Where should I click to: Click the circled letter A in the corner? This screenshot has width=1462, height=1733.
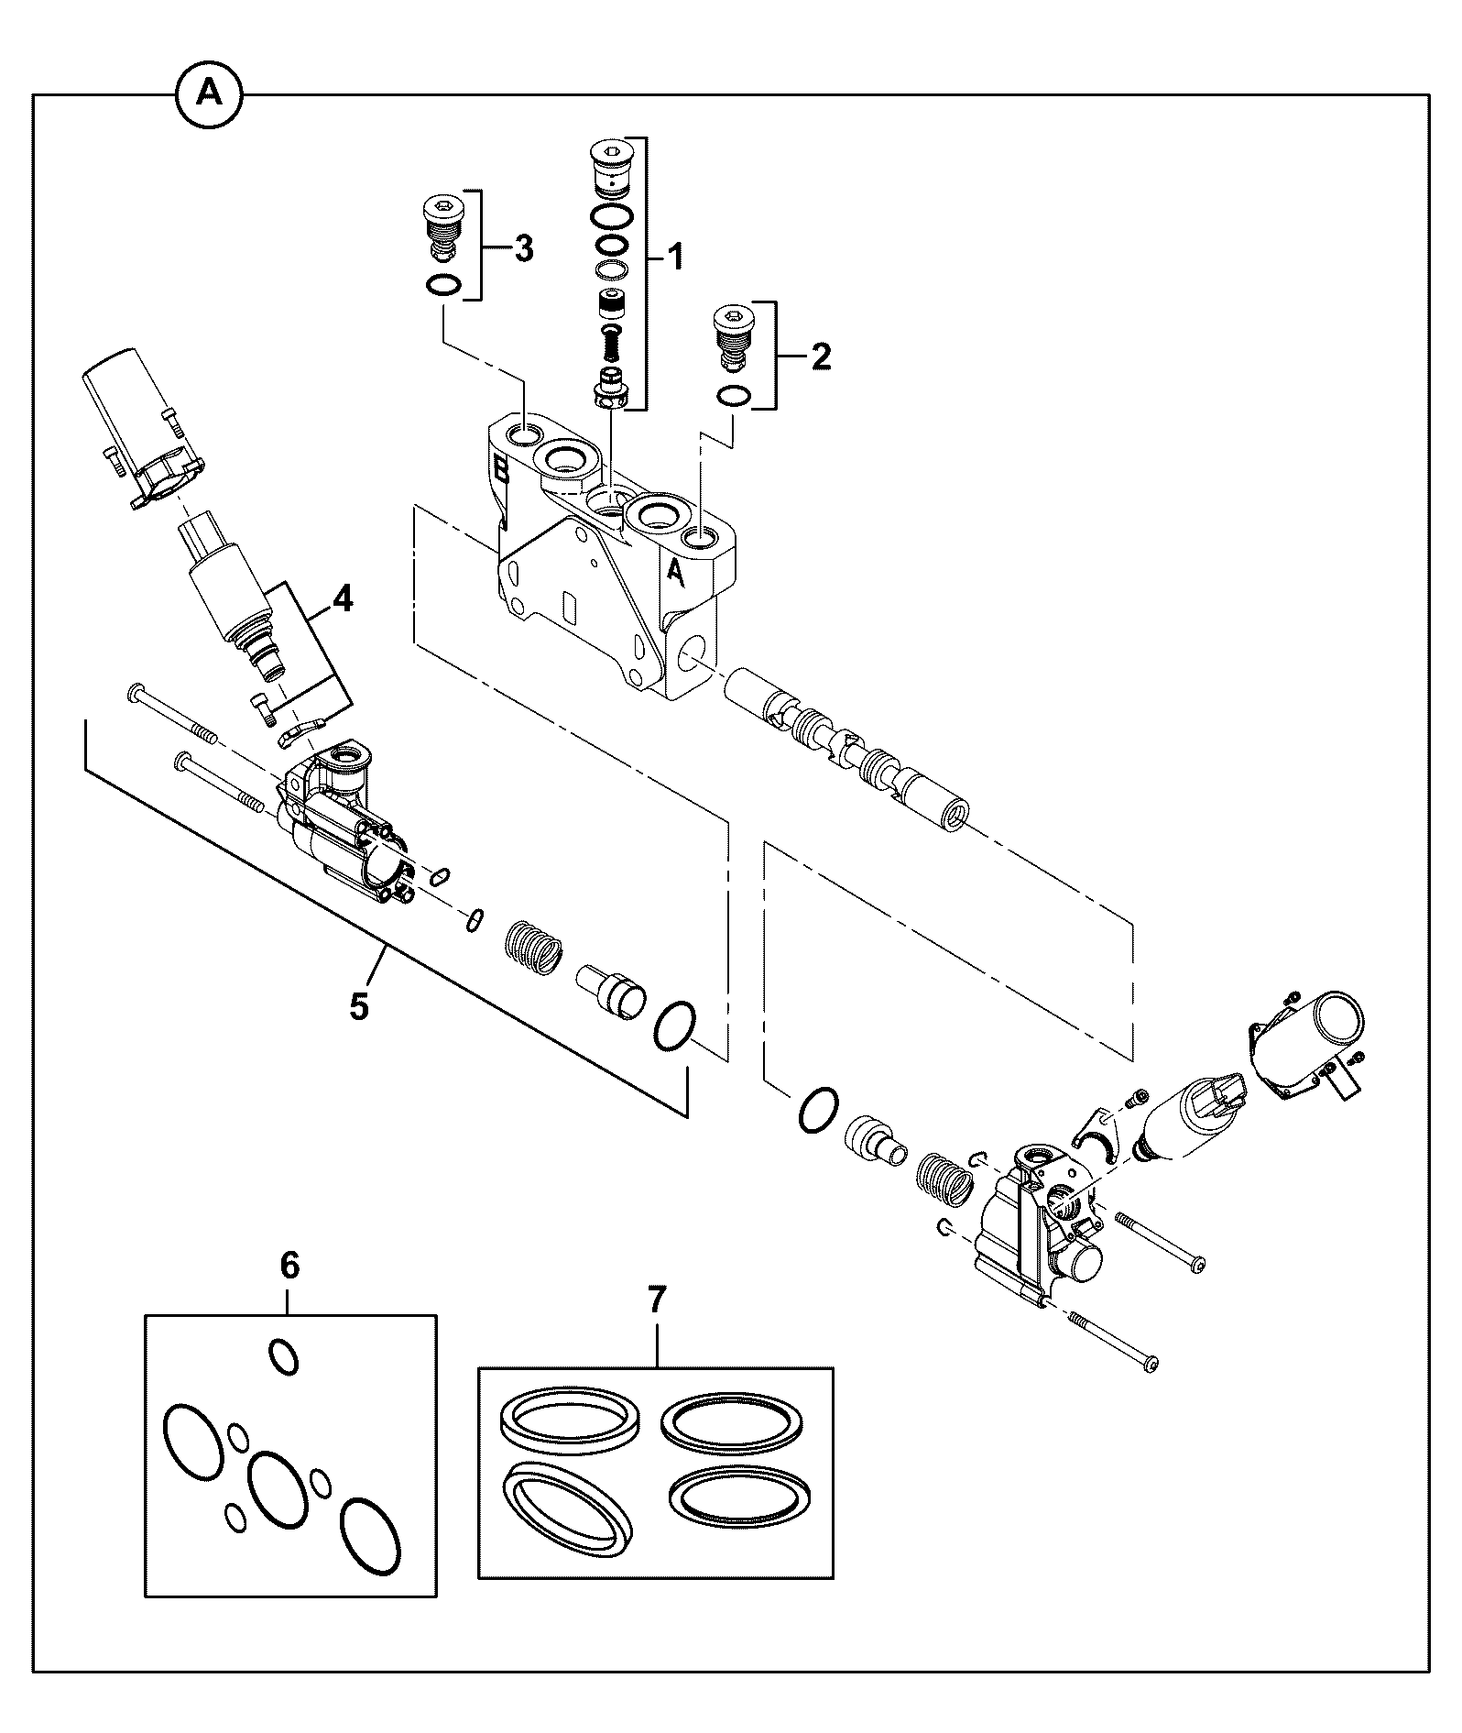coord(210,93)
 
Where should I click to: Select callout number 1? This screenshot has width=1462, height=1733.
coord(674,258)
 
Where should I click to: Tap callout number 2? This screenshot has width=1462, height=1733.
coord(820,356)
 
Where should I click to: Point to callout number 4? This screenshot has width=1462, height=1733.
coord(342,599)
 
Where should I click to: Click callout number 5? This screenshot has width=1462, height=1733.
coord(359,1005)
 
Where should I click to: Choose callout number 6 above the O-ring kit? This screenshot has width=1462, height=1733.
coord(289,1266)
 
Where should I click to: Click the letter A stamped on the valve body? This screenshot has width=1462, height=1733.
coord(675,571)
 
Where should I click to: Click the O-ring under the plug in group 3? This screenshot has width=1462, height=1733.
coord(442,285)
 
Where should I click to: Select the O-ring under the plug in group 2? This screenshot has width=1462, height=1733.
coord(735,395)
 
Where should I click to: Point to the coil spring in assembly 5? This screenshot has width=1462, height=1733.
coord(533,947)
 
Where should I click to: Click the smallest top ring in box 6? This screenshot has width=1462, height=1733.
coord(283,1356)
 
